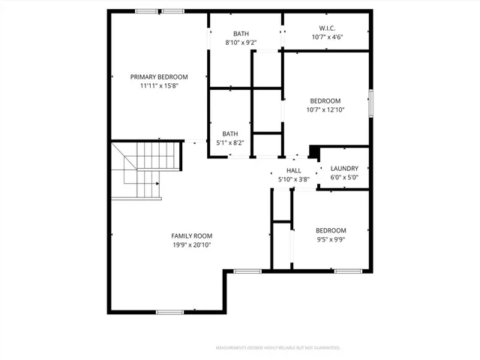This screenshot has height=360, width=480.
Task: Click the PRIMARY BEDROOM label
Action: [x=159, y=76]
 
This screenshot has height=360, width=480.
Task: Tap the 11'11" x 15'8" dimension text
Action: [x=159, y=85]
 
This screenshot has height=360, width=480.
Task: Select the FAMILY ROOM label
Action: [x=191, y=235]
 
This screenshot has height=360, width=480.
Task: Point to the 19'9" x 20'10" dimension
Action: [x=191, y=244]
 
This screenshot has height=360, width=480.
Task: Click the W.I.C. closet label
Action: [x=325, y=28]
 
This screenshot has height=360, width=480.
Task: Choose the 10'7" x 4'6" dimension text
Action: [x=325, y=37]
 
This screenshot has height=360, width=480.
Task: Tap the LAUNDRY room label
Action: [x=344, y=169]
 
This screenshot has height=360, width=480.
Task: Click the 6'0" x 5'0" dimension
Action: [x=344, y=178]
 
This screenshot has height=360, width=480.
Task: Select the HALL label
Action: [x=283, y=171]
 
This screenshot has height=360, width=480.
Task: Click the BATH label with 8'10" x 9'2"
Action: [x=241, y=34]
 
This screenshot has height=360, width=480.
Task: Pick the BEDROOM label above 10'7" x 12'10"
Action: [x=325, y=101]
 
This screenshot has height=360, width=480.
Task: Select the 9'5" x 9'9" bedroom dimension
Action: [x=330, y=240]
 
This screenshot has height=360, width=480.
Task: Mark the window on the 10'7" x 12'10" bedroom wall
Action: [x=370, y=103]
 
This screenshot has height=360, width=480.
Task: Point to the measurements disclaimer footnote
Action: [x=277, y=348]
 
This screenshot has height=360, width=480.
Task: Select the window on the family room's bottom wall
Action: [x=169, y=311]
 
